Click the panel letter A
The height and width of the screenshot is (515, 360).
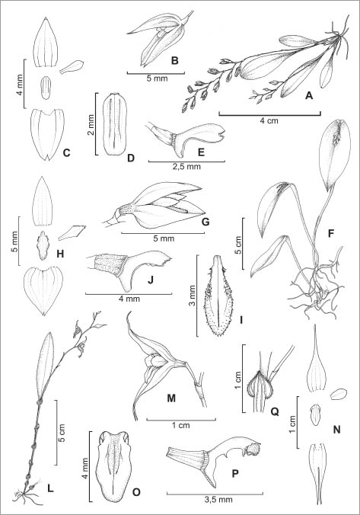click(309, 95)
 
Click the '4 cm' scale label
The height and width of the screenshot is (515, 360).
click(269, 120)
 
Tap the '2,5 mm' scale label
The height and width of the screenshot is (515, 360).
click(186, 167)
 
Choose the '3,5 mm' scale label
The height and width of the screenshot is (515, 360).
click(215, 500)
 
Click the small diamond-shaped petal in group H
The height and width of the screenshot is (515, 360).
click(72, 232)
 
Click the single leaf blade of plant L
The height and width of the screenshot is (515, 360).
click(46, 365)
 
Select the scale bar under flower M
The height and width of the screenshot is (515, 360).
click(181, 419)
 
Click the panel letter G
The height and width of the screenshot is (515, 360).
click(205, 222)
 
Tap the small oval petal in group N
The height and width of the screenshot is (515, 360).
click(339, 394)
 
